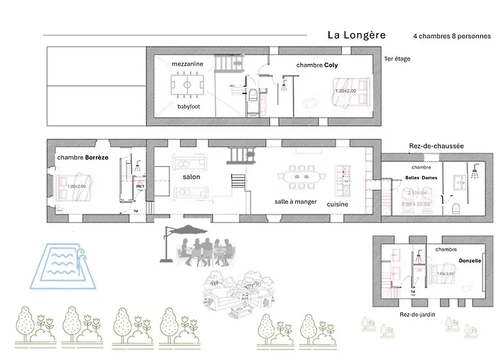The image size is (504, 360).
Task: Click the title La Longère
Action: (x=356, y=35)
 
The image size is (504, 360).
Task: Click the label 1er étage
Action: (x=397, y=58)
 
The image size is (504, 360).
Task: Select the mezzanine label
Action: (x=187, y=64)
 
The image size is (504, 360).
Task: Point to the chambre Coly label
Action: (x=317, y=65)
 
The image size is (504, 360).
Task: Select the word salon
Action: (x=191, y=176)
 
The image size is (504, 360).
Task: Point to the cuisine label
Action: (x=337, y=204)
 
